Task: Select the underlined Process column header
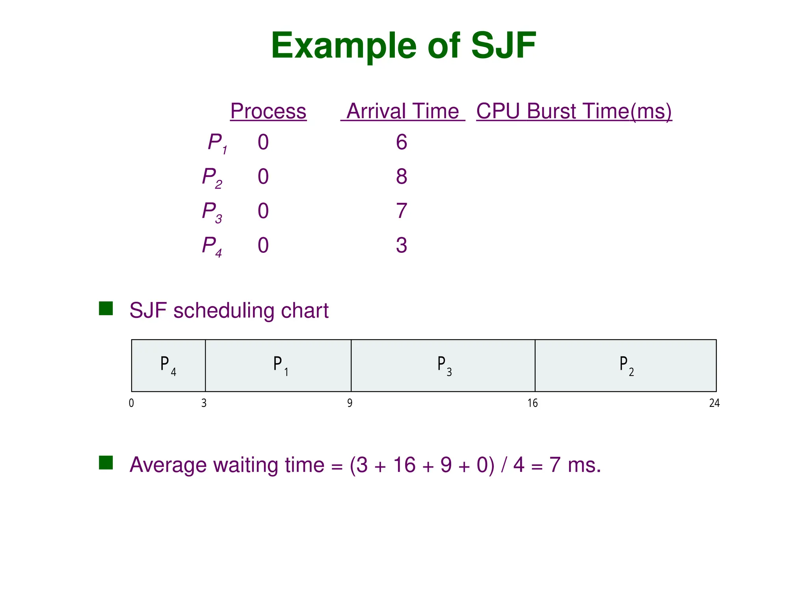(x=268, y=111)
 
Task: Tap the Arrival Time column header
(x=403, y=111)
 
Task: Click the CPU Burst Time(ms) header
(x=574, y=111)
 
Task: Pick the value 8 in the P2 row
(x=402, y=176)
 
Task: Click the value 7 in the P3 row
(x=402, y=211)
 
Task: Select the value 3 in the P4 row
(x=402, y=245)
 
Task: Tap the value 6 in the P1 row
(x=402, y=142)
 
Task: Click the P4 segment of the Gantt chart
(x=168, y=366)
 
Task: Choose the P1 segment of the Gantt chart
(x=278, y=366)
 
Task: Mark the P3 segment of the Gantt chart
(x=443, y=366)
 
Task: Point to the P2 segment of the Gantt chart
(x=626, y=366)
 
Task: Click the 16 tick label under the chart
(x=533, y=403)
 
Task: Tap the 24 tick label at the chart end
(x=714, y=403)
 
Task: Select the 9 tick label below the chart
(x=350, y=403)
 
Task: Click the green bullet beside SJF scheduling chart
(x=106, y=308)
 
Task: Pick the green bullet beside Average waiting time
(x=106, y=463)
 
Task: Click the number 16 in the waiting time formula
(x=404, y=465)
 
